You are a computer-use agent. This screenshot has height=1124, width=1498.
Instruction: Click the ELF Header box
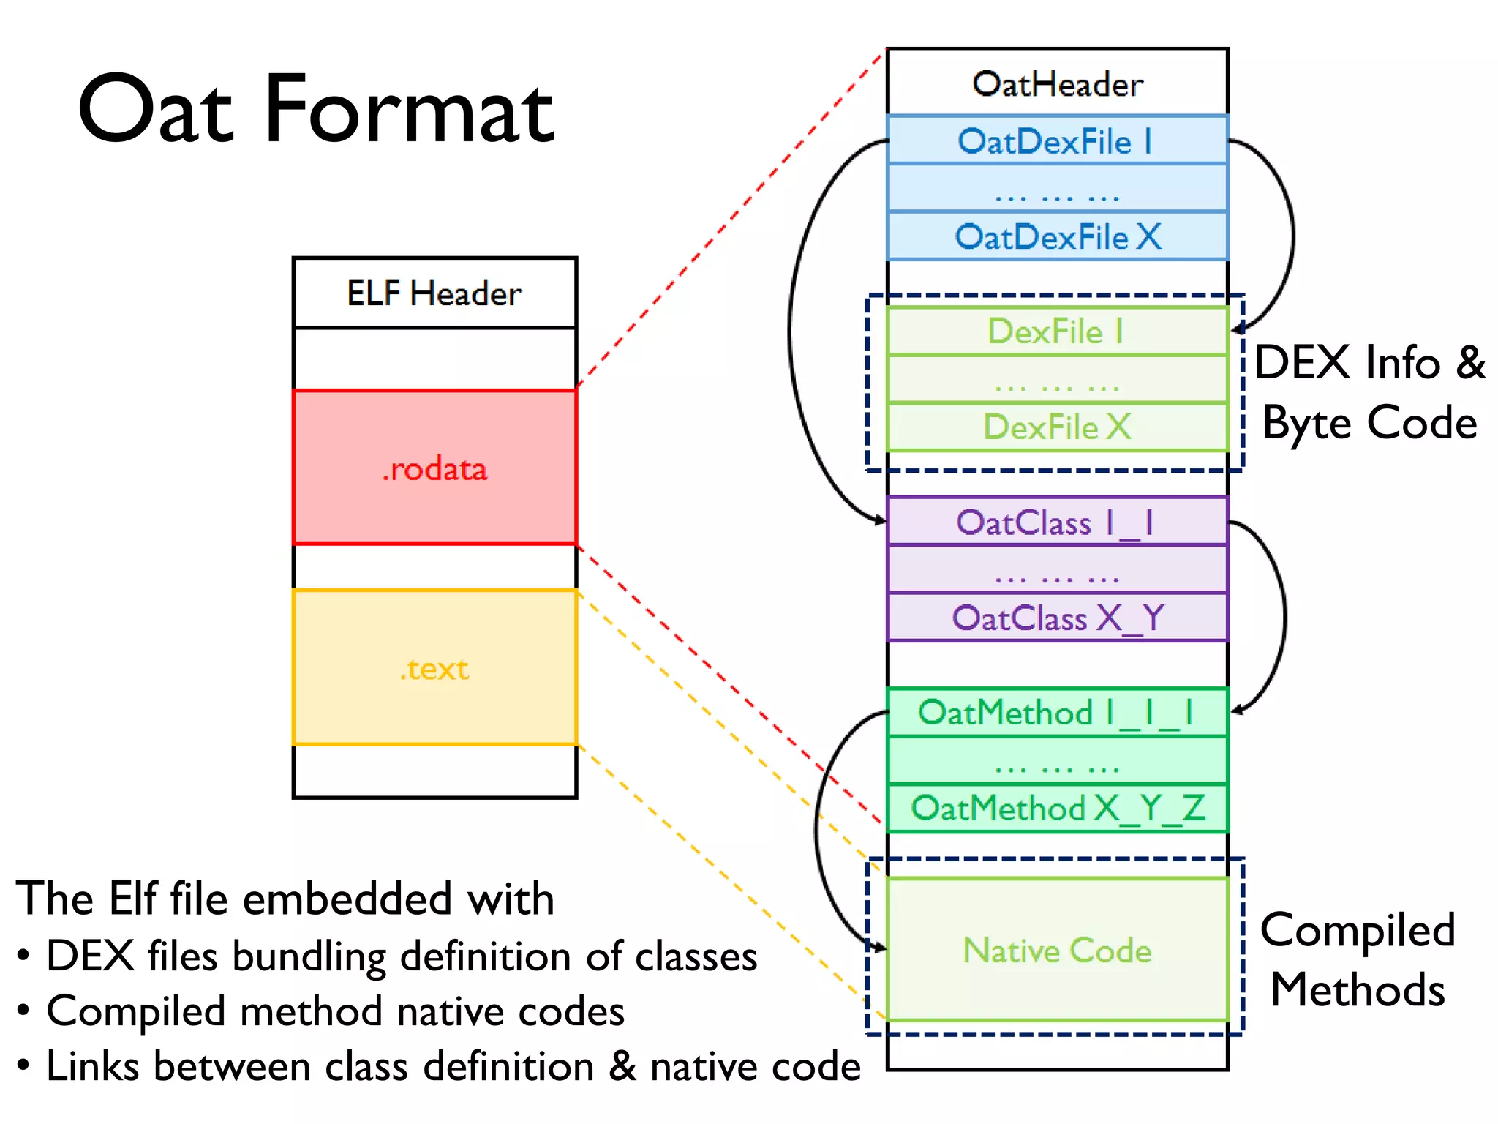coord(434,293)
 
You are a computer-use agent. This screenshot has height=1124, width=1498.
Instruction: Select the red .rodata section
coord(434,468)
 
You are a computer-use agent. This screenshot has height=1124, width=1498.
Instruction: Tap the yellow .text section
coord(434,668)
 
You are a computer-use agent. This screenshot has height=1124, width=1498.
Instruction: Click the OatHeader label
coord(1057,84)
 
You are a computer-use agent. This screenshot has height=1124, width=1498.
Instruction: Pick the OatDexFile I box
coord(1057,140)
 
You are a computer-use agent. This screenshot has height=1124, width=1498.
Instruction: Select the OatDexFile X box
coord(1057,236)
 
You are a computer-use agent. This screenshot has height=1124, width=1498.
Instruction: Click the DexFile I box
coord(1057,331)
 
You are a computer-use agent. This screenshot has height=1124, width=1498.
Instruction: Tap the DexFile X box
coord(1057,427)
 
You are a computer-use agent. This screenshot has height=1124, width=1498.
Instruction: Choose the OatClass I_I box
coord(1057,522)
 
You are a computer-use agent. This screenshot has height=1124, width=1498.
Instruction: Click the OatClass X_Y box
coord(1057,618)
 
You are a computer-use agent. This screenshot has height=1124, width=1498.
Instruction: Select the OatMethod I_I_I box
coord(1057,712)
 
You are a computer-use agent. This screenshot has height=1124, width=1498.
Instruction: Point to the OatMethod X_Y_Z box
coord(1057,808)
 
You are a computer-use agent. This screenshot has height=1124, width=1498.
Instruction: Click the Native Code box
coord(1057,950)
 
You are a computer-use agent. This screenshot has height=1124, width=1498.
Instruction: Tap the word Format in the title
coord(409,110)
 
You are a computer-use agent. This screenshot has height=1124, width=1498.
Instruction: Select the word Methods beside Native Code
coord(1358,989)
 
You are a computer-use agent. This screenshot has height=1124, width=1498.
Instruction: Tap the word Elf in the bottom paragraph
coord(133,899)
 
